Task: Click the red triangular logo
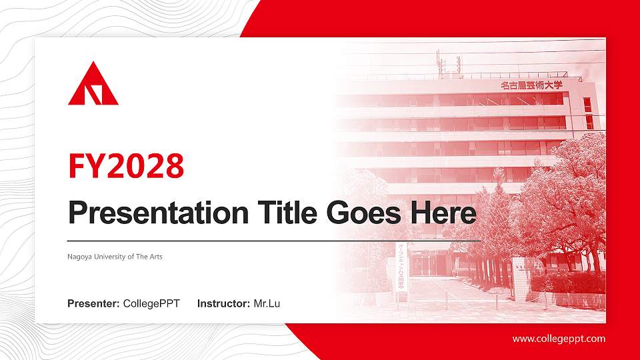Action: coord(93,86)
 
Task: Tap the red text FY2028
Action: coord(126,166)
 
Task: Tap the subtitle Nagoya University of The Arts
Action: coord(115,257)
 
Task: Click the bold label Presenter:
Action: coord(93,304)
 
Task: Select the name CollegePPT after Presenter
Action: coord(151,304)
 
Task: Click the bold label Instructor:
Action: coord(224,304)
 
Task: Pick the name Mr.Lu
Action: coord(267,304)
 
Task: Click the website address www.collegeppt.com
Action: coord(559,339)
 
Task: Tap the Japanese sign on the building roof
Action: coord(531,85)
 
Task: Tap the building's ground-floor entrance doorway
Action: coord(427,263)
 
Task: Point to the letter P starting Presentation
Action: coord(78,213)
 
